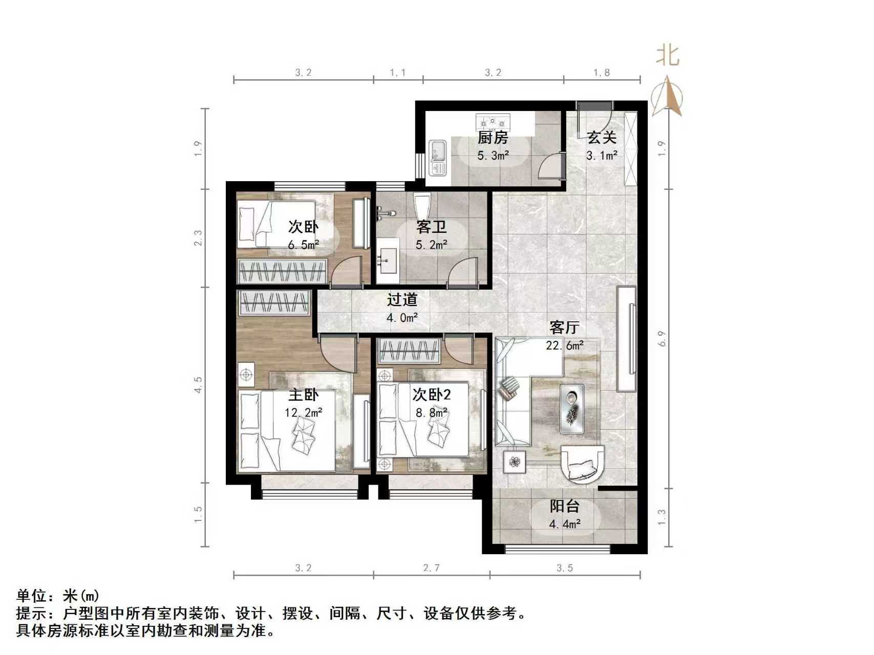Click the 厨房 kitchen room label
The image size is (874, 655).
493,138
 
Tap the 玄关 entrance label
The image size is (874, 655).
601,138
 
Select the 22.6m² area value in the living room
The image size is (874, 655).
565,345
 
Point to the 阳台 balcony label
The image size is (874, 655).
564,507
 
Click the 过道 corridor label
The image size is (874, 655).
402,300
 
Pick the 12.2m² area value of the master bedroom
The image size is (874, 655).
304,412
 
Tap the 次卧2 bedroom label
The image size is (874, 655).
432,395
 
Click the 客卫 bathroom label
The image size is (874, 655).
431,227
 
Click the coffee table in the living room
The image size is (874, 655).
572,408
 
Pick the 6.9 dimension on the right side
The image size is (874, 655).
662,339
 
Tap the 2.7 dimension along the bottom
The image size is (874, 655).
431,568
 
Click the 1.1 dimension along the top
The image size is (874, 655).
398,73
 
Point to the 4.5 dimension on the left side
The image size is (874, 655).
199,384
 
